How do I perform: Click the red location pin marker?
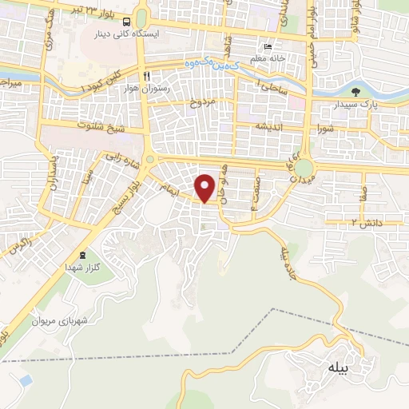(x=206, y=188)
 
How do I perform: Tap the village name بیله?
(x=339, y=367)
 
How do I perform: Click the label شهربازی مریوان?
(x=58, y=320)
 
